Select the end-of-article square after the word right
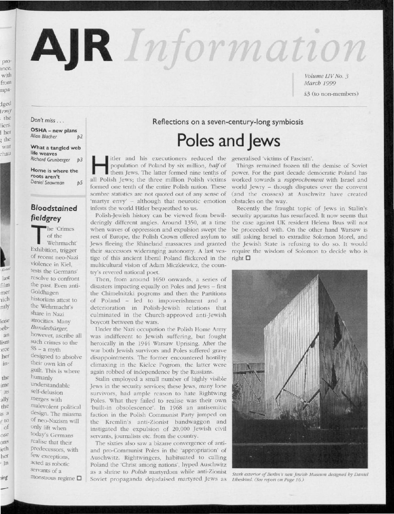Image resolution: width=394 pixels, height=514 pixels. coord(247,258)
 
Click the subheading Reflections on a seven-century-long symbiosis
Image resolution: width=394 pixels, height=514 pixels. coord(228,122)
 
